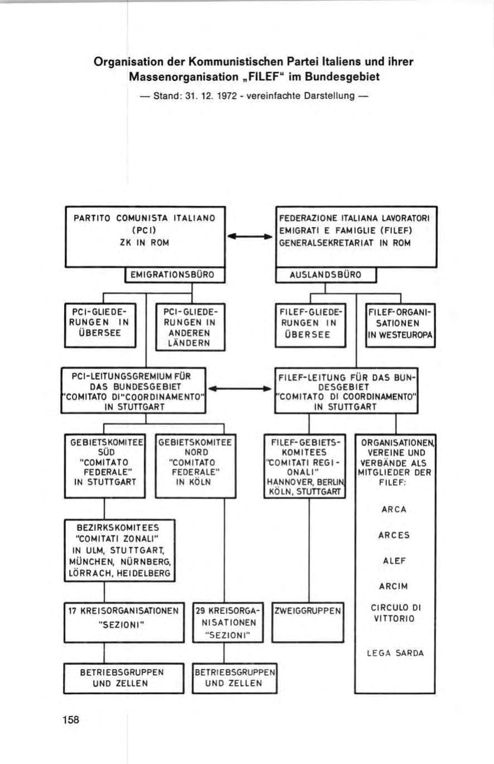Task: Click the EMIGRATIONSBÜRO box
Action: tap(175, 275)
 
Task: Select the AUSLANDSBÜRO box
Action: tap(326, 275)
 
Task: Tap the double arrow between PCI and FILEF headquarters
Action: tap(250, 236)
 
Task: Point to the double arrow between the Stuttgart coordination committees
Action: tap(240, 389)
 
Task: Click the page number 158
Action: tap(71, 719)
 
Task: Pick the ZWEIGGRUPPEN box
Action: tap(308, 622)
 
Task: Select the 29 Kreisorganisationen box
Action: tap(227, 622)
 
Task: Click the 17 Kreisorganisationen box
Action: tap(124, 622)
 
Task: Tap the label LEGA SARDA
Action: tap(395, 653)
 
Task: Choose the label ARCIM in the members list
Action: tap(394, 586)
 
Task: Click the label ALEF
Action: tap(394, 560)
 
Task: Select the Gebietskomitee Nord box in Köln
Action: tap(195, 466)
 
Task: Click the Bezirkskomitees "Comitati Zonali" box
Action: tap(120, 550)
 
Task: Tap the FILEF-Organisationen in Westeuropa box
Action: tap(400, 325)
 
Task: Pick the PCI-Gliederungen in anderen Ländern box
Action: tap(190, 327)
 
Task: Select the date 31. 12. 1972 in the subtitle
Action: tap(211, 96)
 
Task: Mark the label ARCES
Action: tap(394, 535)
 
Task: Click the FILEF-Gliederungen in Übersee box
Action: tap(310, 325)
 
